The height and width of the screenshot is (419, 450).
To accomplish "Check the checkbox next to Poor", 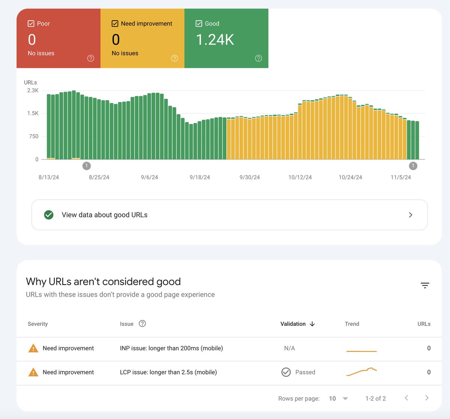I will tap(31, 24).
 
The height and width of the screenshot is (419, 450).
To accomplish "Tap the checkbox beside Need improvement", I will tap(115, 24).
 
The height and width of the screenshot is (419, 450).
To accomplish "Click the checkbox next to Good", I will tap(199, 24).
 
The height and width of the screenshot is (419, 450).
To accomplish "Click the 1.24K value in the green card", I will tap(215, 40).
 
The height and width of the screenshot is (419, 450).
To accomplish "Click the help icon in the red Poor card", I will tap(91, 58).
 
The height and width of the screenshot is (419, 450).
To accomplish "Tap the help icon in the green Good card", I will tap(258, 58).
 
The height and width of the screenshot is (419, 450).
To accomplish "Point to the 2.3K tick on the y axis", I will tap(33, 90).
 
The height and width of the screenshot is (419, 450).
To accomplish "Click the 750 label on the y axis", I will tap(34, 136).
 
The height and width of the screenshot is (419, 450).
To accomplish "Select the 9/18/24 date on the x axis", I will tap(200, 177).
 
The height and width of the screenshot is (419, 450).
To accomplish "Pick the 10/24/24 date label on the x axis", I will tap(350, 177).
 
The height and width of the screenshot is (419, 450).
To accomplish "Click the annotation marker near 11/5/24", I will tap(413, 166).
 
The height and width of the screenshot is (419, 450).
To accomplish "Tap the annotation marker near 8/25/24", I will tap(86, 166).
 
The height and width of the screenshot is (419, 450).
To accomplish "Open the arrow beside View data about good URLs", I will tap(411, 215).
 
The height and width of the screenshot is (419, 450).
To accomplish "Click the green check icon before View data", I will tap(49, 215).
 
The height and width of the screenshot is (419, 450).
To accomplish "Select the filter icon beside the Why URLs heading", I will tap(425, 286).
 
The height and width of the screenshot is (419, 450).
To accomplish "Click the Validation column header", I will tap(293, 324).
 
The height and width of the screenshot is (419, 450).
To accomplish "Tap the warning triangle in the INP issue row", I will tap(33, 348).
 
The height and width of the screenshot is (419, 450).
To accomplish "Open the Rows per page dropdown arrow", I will tap(345, 398).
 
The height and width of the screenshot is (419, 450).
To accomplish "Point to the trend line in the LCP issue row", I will tap(361, 372).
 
